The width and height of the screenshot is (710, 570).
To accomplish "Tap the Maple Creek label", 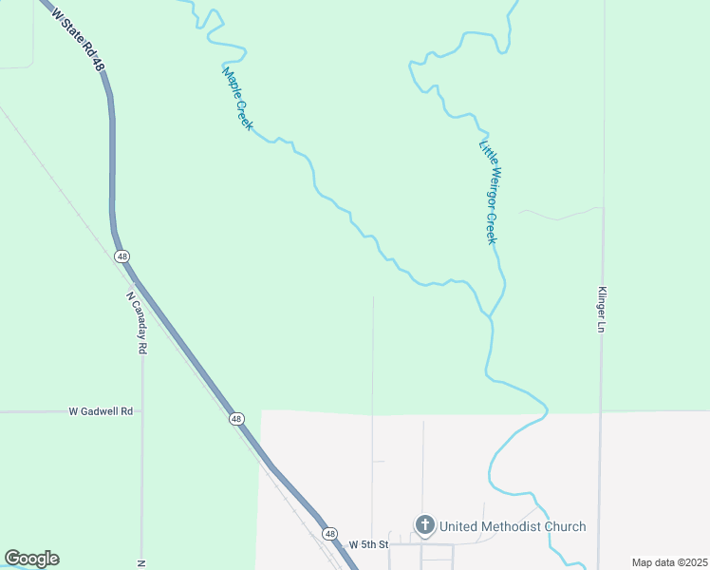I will (x=237, y=98).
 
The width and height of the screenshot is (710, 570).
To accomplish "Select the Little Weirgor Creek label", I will (x=488, y=192).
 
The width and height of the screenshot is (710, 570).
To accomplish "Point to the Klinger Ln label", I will (x=601, y=310).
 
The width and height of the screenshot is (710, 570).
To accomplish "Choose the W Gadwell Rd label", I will (x=102, y=411).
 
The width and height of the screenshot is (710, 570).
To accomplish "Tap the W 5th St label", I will (x=368, y=544).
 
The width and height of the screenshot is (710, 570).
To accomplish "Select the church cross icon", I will (x=425, y=525).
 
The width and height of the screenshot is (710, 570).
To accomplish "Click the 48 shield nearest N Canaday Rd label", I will (x=121, y=256).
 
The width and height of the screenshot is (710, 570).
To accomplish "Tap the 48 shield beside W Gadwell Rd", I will (x=235, y=419).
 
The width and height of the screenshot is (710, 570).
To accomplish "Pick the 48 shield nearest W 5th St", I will (x=329, y=534).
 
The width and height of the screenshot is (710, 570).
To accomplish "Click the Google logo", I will (x=31, y=559).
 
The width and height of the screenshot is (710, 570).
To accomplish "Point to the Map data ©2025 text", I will (x=668, y=562).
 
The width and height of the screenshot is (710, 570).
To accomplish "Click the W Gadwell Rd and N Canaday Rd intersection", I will (x=142, y=411).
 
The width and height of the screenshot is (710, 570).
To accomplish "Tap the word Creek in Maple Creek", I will (x=244, y=113).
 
